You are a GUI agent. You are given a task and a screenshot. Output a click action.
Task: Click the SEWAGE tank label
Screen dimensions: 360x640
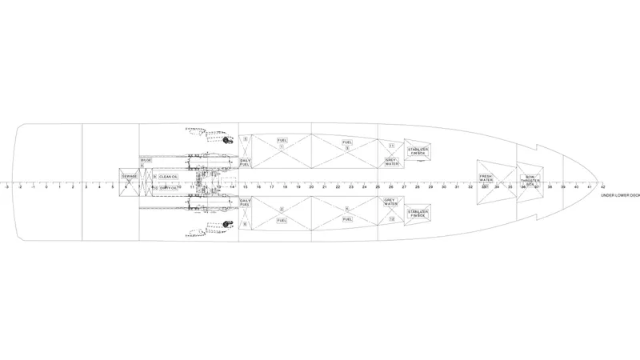129,176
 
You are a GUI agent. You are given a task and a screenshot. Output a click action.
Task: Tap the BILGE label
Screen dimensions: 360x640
146,161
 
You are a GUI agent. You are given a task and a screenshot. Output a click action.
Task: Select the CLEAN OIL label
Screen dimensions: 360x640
168,177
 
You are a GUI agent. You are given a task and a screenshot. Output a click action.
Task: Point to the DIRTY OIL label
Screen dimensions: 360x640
168,188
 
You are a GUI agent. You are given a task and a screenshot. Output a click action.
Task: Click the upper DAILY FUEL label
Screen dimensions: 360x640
246,162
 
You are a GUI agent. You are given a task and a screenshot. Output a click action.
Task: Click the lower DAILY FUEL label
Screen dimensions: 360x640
246,204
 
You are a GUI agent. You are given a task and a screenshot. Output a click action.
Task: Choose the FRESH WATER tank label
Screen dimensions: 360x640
486,179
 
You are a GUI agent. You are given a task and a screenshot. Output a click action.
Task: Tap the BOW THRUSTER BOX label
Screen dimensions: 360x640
529,180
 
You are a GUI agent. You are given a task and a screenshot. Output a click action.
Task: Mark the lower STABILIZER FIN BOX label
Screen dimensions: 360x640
417,214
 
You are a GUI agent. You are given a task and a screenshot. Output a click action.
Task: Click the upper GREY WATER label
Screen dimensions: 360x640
390,162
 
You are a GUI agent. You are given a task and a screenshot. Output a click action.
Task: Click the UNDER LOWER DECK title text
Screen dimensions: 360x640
621,195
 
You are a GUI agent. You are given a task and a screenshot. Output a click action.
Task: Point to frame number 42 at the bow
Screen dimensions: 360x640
602,187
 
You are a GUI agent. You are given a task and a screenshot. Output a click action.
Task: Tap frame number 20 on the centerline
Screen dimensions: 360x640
311,187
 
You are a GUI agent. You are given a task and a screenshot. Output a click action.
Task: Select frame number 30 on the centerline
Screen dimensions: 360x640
443,187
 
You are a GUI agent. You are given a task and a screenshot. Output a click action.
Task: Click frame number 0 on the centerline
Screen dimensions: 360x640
46,187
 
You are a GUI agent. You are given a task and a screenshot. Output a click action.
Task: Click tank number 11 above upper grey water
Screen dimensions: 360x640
391,146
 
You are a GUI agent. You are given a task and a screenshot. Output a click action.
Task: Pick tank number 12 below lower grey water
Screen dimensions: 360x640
391,219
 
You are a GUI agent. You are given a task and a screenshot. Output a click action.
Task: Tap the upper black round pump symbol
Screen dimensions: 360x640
227,141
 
